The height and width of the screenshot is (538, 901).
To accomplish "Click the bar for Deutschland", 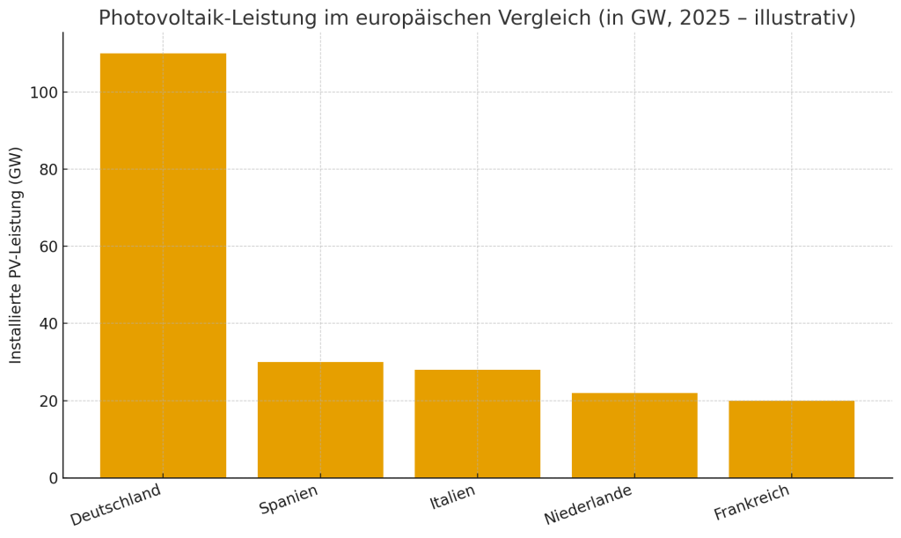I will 163,265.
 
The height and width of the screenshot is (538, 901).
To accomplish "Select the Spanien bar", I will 320,419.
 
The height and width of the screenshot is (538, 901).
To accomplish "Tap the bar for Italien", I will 477,424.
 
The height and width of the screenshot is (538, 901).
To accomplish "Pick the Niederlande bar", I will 634,435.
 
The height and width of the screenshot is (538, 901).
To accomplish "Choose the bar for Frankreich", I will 791,439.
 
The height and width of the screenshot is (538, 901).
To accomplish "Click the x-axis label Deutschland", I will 116,505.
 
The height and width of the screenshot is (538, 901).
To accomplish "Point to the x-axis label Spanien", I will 289,499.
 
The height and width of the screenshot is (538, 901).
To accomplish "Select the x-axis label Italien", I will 452,497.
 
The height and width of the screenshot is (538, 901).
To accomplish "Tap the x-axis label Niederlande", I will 588,505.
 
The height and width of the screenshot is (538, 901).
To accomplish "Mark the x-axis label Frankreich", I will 751,503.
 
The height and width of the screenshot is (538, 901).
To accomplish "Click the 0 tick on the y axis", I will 53,478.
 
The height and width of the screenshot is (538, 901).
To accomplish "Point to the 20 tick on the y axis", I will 48,401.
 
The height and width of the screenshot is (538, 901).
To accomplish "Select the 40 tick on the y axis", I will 48,323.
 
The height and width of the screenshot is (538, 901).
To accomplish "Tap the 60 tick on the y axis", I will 48,247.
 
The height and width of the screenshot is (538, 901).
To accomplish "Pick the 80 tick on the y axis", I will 48,169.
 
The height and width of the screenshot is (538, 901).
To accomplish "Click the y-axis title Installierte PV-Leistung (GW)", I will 16,255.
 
